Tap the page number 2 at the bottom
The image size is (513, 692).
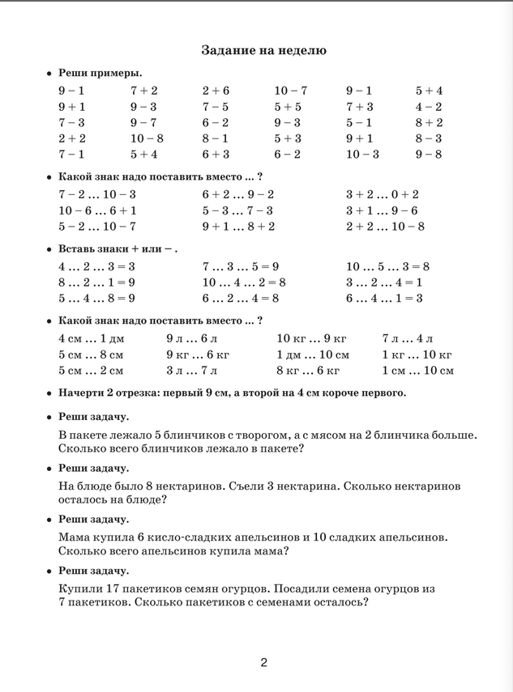click(263, 663)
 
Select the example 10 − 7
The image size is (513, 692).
click(291, 91)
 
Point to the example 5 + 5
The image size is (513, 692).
click(288, 107)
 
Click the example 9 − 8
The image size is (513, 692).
click(429, 154)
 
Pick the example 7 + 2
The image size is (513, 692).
click(144, 91)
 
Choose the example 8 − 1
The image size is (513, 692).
click(216, 138)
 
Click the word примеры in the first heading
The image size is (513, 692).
click(118, 73)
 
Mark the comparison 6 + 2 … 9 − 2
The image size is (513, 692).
click(237, 194)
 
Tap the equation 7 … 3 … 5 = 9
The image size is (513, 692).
click(241, 266)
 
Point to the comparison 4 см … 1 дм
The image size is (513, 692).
click(92, 338)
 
